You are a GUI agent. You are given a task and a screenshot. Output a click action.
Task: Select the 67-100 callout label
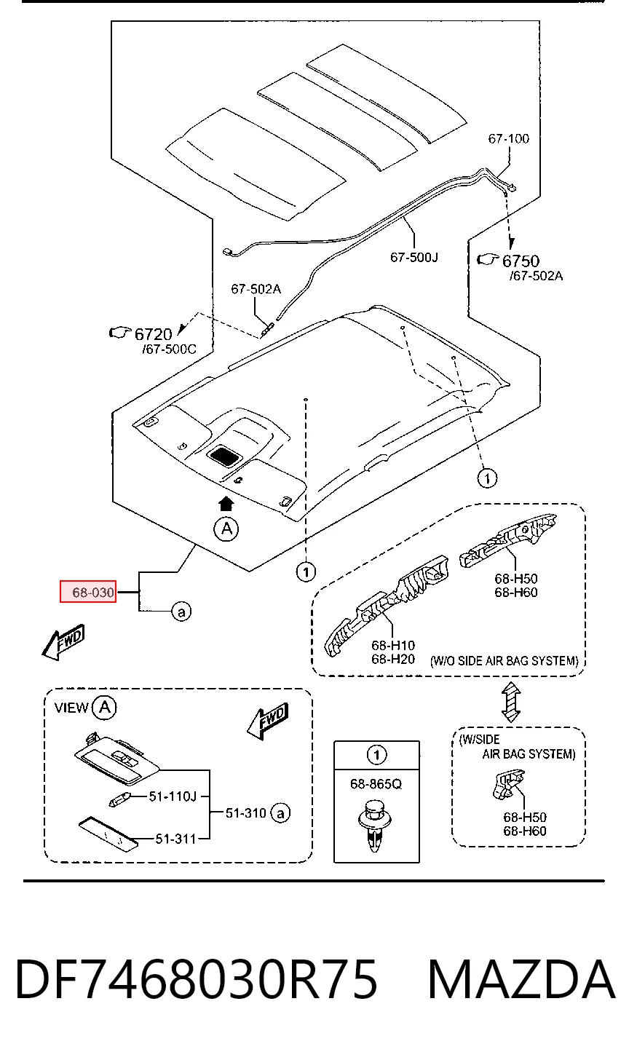[509, 138]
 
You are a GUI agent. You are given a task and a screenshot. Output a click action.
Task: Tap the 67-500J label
[414, 257]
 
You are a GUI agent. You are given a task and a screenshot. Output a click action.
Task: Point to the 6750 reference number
[521, 261]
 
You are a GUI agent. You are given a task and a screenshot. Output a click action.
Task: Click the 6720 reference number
[153, 334]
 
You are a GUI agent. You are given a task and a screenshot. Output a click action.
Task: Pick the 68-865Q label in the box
[376, 784]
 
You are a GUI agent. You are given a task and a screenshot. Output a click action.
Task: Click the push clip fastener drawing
[375, 826]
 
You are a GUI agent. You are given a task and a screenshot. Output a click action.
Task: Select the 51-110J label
[173, 796]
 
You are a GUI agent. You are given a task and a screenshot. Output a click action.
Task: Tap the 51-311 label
[175, 839]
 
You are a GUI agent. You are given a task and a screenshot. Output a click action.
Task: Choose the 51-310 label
[245, 812]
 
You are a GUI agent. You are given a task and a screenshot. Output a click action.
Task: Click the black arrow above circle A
[226, 504]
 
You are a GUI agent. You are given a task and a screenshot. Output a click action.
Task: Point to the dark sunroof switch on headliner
[224, 456]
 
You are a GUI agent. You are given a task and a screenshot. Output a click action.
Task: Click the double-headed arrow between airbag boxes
[511, 702]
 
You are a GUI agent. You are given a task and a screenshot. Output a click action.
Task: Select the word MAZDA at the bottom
[521, 978]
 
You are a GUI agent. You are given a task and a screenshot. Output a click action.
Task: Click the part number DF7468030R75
[197, 978]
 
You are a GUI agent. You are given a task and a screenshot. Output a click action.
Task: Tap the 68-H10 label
[393, 645]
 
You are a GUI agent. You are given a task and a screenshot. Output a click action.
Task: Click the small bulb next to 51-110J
[118, 801]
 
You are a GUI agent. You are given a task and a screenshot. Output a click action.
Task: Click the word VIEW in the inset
[71, 708]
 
